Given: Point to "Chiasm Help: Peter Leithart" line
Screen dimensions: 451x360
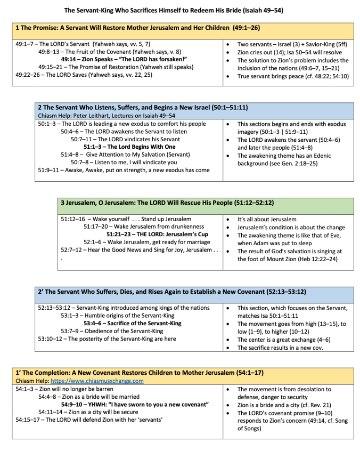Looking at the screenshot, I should tap(107, 115).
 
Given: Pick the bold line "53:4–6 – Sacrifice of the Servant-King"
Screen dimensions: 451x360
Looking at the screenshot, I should tap(132, 323).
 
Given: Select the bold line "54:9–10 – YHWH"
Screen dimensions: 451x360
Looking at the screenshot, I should tap(134, 404).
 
